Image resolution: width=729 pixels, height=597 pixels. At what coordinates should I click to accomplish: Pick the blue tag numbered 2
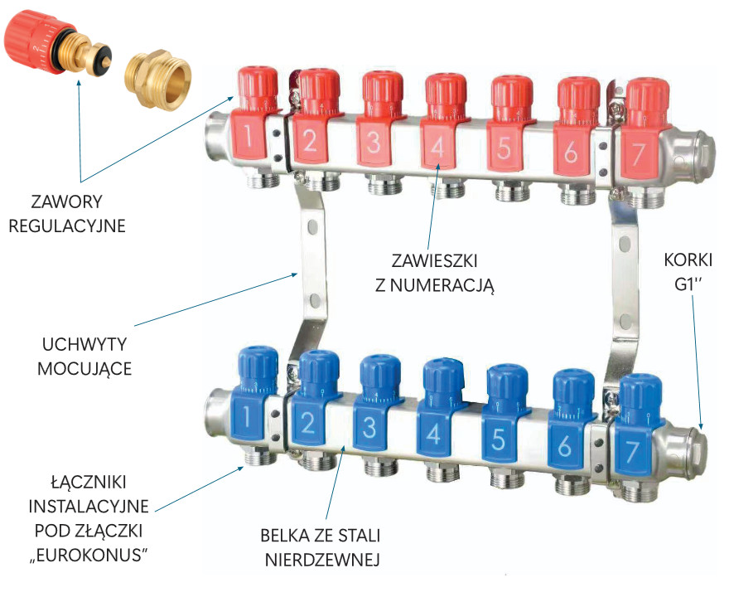[x=307, y=421]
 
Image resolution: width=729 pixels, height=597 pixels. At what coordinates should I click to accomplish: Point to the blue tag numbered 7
[x=632, y=449]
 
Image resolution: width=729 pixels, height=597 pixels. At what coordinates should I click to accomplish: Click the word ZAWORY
[x=66, y=201]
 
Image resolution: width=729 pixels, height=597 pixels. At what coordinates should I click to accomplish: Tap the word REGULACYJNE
[x=67, y=226]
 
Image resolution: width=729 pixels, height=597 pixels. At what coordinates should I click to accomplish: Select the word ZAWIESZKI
[x=434, y=260]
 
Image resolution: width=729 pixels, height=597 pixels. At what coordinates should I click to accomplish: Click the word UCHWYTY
[x=84, y=344]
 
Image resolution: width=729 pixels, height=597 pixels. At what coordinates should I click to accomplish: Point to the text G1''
[x=688, y=284]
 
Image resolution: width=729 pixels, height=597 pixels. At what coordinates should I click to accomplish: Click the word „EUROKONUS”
[x=89, y=555]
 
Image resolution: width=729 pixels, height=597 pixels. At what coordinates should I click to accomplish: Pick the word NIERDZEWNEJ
[x=322, y=560]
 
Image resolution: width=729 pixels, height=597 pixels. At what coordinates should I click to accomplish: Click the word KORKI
[x=688, y=260]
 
